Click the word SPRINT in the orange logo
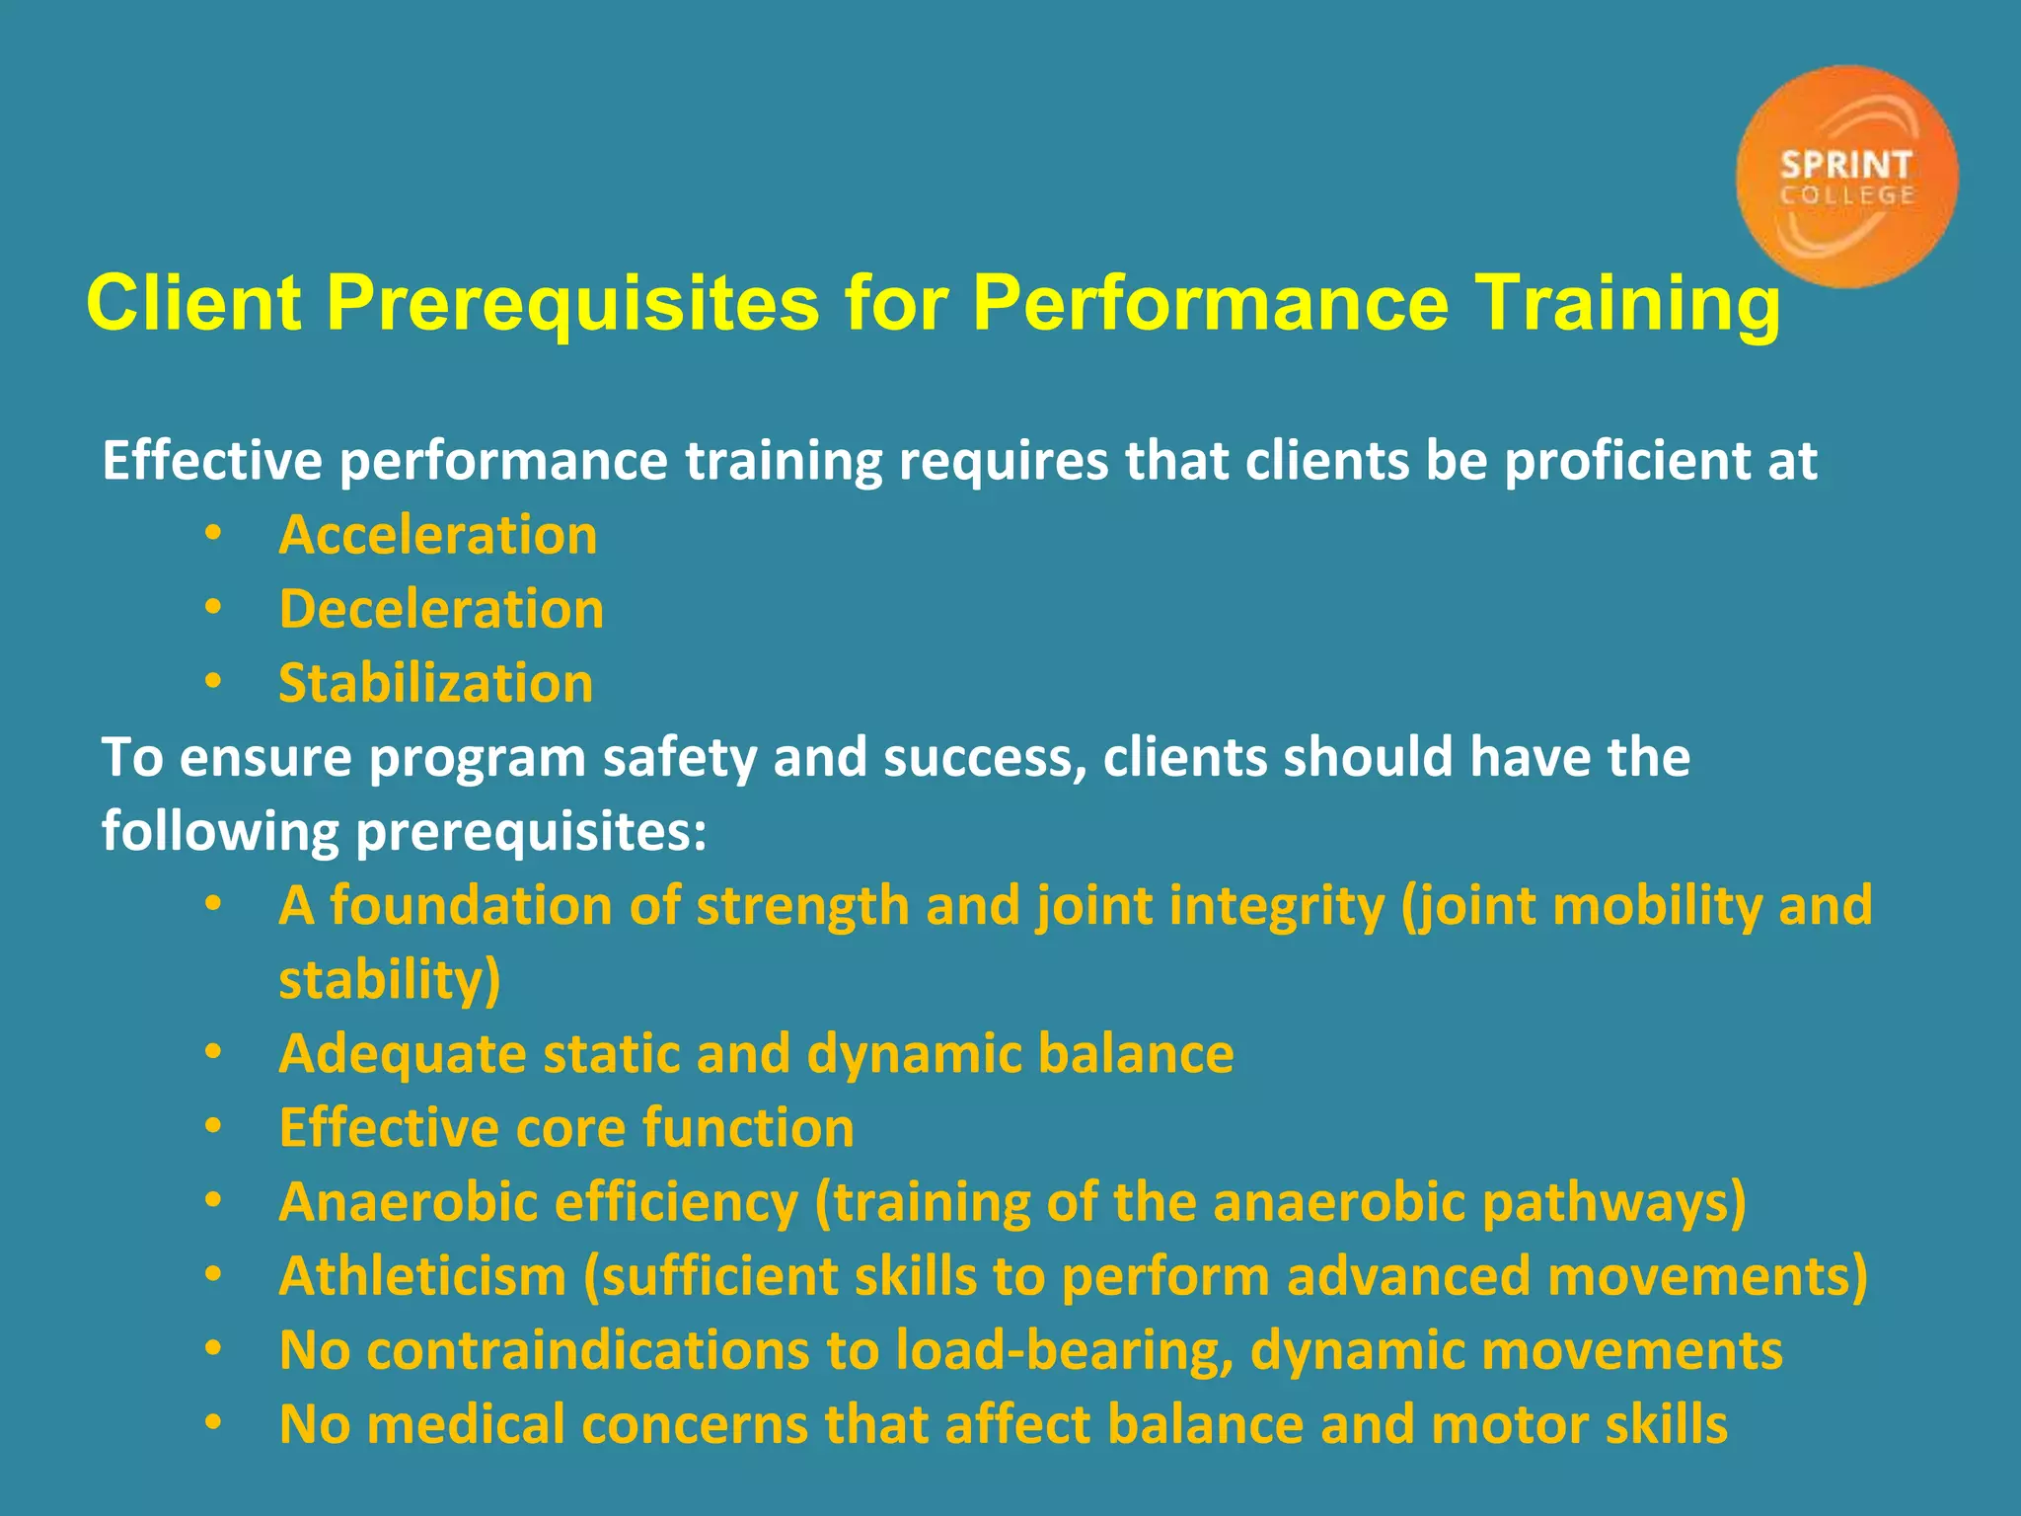click(1846, 165)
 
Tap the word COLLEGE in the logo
click(1847, 195)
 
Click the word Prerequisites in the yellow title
click(572, 303)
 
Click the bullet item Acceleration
click(438, 536)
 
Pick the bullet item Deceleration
click(441, 610)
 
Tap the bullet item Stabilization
click(435, 684)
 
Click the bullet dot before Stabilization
click(213, 682)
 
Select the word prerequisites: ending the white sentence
click(531, 832)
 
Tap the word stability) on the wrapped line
click(390, 980)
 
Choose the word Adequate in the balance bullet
click(403, 1054)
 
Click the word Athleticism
click(422, 1277)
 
